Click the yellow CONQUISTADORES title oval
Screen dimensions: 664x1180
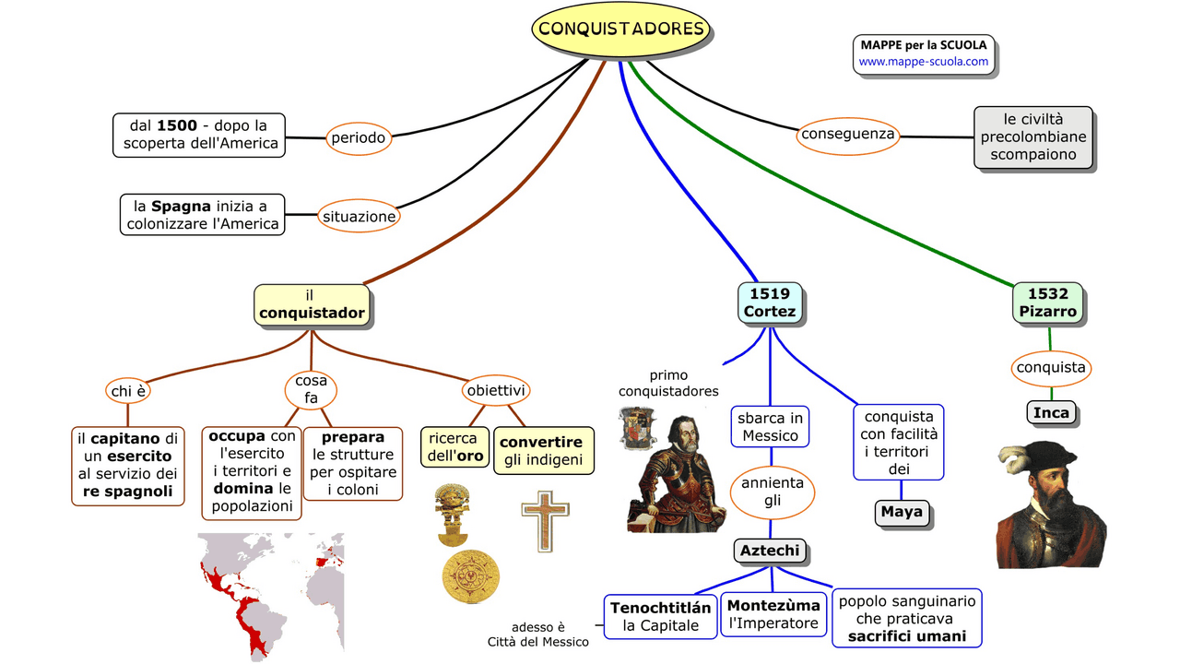pyautogui.click(x=621, y=29)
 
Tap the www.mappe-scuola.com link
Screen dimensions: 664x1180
pyautogui.click(x=923, y=62)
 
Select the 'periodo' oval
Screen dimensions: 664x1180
pyautogui.click(x=357, y=138)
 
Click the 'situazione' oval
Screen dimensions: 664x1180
pyautogui.click(x=359, y=217)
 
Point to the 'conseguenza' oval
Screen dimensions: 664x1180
pyautogui.click(x=848, y=135)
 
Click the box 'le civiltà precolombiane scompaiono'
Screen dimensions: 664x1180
pyautogui.click(x=1033, y=137)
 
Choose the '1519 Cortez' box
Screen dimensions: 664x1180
pyautogui.click(x=770, y=302)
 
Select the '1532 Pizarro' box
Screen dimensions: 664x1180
pyautogui.click(x=1048, y=302)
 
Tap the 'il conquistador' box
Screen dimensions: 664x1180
pyautogui.click(x=312, y=304)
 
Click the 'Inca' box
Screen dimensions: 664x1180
pyautogui.click(x=1051, y=412)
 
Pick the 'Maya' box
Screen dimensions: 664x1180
pyautogui.click(x=902, y=512)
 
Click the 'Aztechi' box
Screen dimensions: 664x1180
pyautogui.click(x=771, y=551)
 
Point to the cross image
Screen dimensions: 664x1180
pyautogui.click(x=545, y=520)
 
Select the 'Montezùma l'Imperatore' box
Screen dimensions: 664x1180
pyautogui.click(x=773, y=615)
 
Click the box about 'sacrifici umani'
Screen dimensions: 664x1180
pyautogui.click(x=907, y=618)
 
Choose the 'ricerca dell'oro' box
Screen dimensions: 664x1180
pyautogui.click(x=454, y=447)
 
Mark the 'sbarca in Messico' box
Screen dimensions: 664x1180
pyautogui.click(x=771, y=427)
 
